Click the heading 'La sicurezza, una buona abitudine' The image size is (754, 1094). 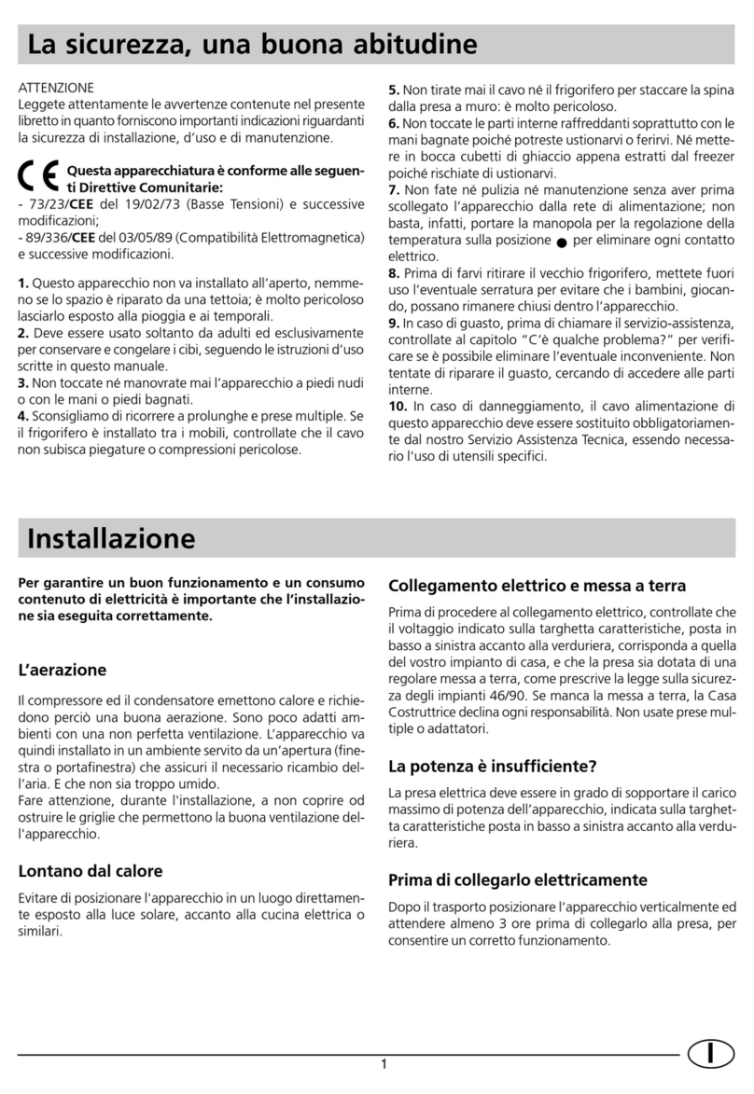(x=252, y=43)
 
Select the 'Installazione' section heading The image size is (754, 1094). (x=111, y=538)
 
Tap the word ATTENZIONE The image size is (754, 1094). (x=56, y=87)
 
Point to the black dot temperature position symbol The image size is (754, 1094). (x=560, y=242)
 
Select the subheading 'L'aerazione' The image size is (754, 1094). (x=63, y=670)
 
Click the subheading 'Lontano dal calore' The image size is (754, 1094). (x=91, y=871)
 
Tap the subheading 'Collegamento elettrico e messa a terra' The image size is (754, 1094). (x=537, y=586)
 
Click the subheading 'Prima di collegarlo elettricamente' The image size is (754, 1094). (x=517, y=879)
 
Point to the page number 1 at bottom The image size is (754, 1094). (x=384, y=1066)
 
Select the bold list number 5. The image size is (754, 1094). (x=394, y=90)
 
